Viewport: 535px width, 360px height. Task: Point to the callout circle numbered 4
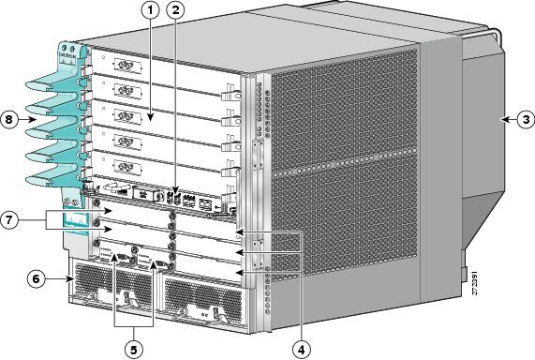301,348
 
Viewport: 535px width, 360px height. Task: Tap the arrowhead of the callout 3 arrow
498,119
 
